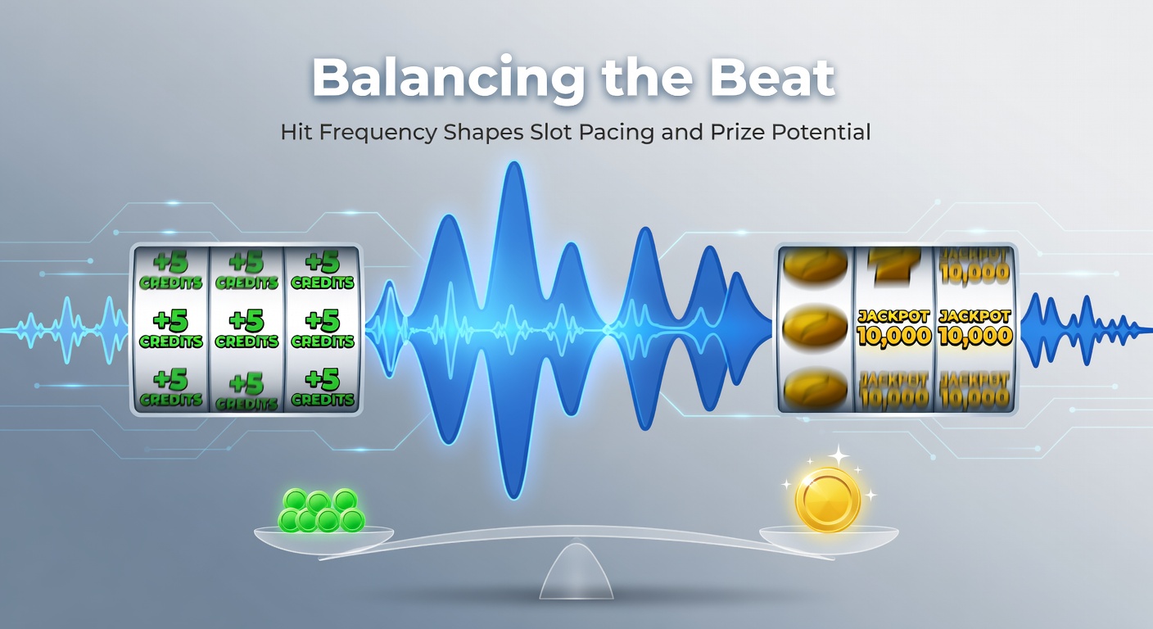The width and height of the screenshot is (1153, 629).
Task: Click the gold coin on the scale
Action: [828, 500]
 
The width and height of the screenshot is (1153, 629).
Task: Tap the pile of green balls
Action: [321, 511]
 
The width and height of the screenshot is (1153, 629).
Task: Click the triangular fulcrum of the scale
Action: [576, 573]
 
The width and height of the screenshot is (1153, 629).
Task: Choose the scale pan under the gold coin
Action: [829, 537]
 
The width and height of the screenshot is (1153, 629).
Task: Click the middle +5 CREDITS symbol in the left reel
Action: [171, 328]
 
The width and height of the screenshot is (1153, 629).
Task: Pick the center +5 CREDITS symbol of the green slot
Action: [246, 328]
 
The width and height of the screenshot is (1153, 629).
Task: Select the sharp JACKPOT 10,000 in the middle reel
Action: [893, 328]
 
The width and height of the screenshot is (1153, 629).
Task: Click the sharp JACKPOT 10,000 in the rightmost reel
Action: [974, 328]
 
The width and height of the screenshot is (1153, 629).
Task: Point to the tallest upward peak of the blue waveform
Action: [514, 168]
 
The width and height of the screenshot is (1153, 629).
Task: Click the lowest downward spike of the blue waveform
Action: [514, 491]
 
